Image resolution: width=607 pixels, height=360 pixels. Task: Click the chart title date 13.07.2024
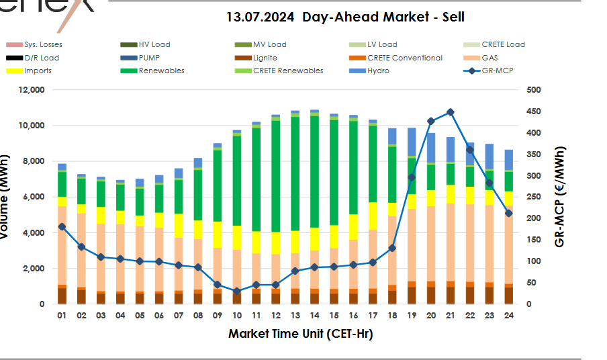tap(261, 17)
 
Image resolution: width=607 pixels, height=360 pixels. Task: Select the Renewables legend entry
tap(161, 71)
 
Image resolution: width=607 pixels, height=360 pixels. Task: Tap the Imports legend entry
tap(38, 71)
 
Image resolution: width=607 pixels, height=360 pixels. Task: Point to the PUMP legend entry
tap(150, 58)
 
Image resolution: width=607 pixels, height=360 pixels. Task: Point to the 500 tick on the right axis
tap(534, 90)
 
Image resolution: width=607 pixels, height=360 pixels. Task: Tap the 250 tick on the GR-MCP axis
tap(534, 197)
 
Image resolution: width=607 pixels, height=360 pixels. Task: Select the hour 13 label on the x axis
tap(295, 315)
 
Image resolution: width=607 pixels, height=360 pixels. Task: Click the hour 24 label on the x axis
tap(508, 315)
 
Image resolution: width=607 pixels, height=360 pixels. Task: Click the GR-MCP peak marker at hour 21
tap(450, 112)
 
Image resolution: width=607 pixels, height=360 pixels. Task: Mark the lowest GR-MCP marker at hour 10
tap(236, 291)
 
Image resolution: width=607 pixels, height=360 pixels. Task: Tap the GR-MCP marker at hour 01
tap(62, 227)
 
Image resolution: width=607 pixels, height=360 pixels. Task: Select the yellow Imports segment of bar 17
tap(373, 215)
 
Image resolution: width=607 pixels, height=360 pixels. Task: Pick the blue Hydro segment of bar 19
tap(412, 141)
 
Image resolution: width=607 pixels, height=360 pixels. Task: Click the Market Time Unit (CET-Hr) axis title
tap(300, 334)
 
